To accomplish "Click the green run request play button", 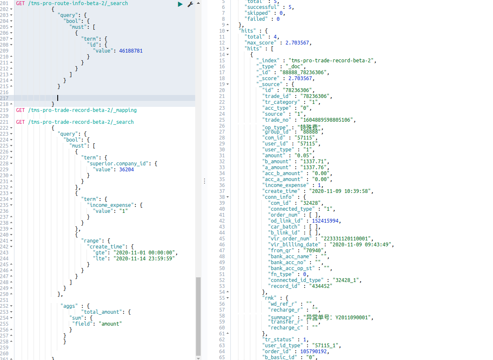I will pyautogui.click(x=180, y=4).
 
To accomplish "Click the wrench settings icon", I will pyautogui.click(x=190, y=4).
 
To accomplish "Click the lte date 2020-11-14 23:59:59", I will pyautogui.click(x=146, y=258).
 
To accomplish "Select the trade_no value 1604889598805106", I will pyautogui.click(x=326, y=120).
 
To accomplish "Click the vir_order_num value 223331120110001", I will pyautogui.click(x=346, y=239).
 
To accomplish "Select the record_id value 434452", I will pyautogui.click(x=317, y=286).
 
